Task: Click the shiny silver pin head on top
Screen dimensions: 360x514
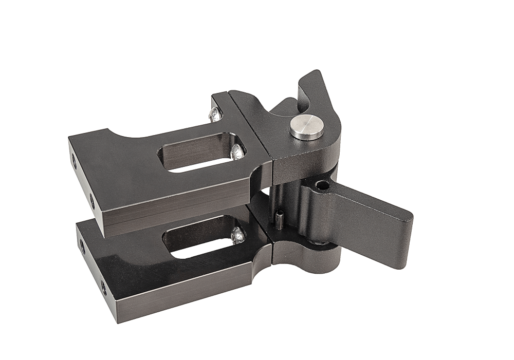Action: pos(307,127)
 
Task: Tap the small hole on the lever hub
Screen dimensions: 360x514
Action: pos(322,184)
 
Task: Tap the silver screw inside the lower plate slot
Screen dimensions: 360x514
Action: pos(237,235)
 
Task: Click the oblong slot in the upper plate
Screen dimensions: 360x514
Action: pos(200,153)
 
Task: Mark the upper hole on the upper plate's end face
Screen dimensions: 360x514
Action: pos(74,162)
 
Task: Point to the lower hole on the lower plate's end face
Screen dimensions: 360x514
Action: pos(103,288)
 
